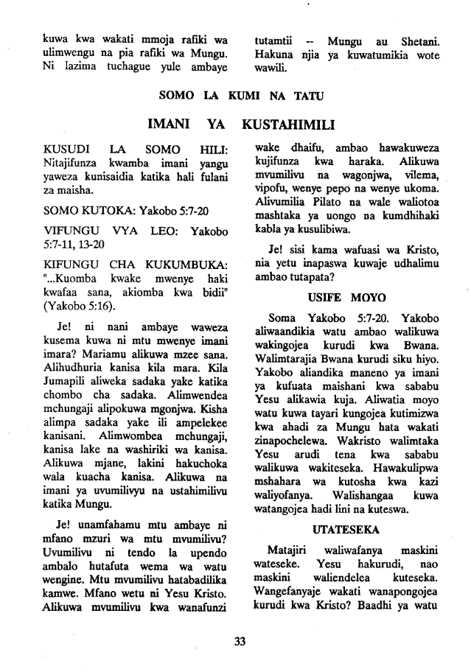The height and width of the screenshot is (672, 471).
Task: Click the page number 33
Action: click(238, 640)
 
